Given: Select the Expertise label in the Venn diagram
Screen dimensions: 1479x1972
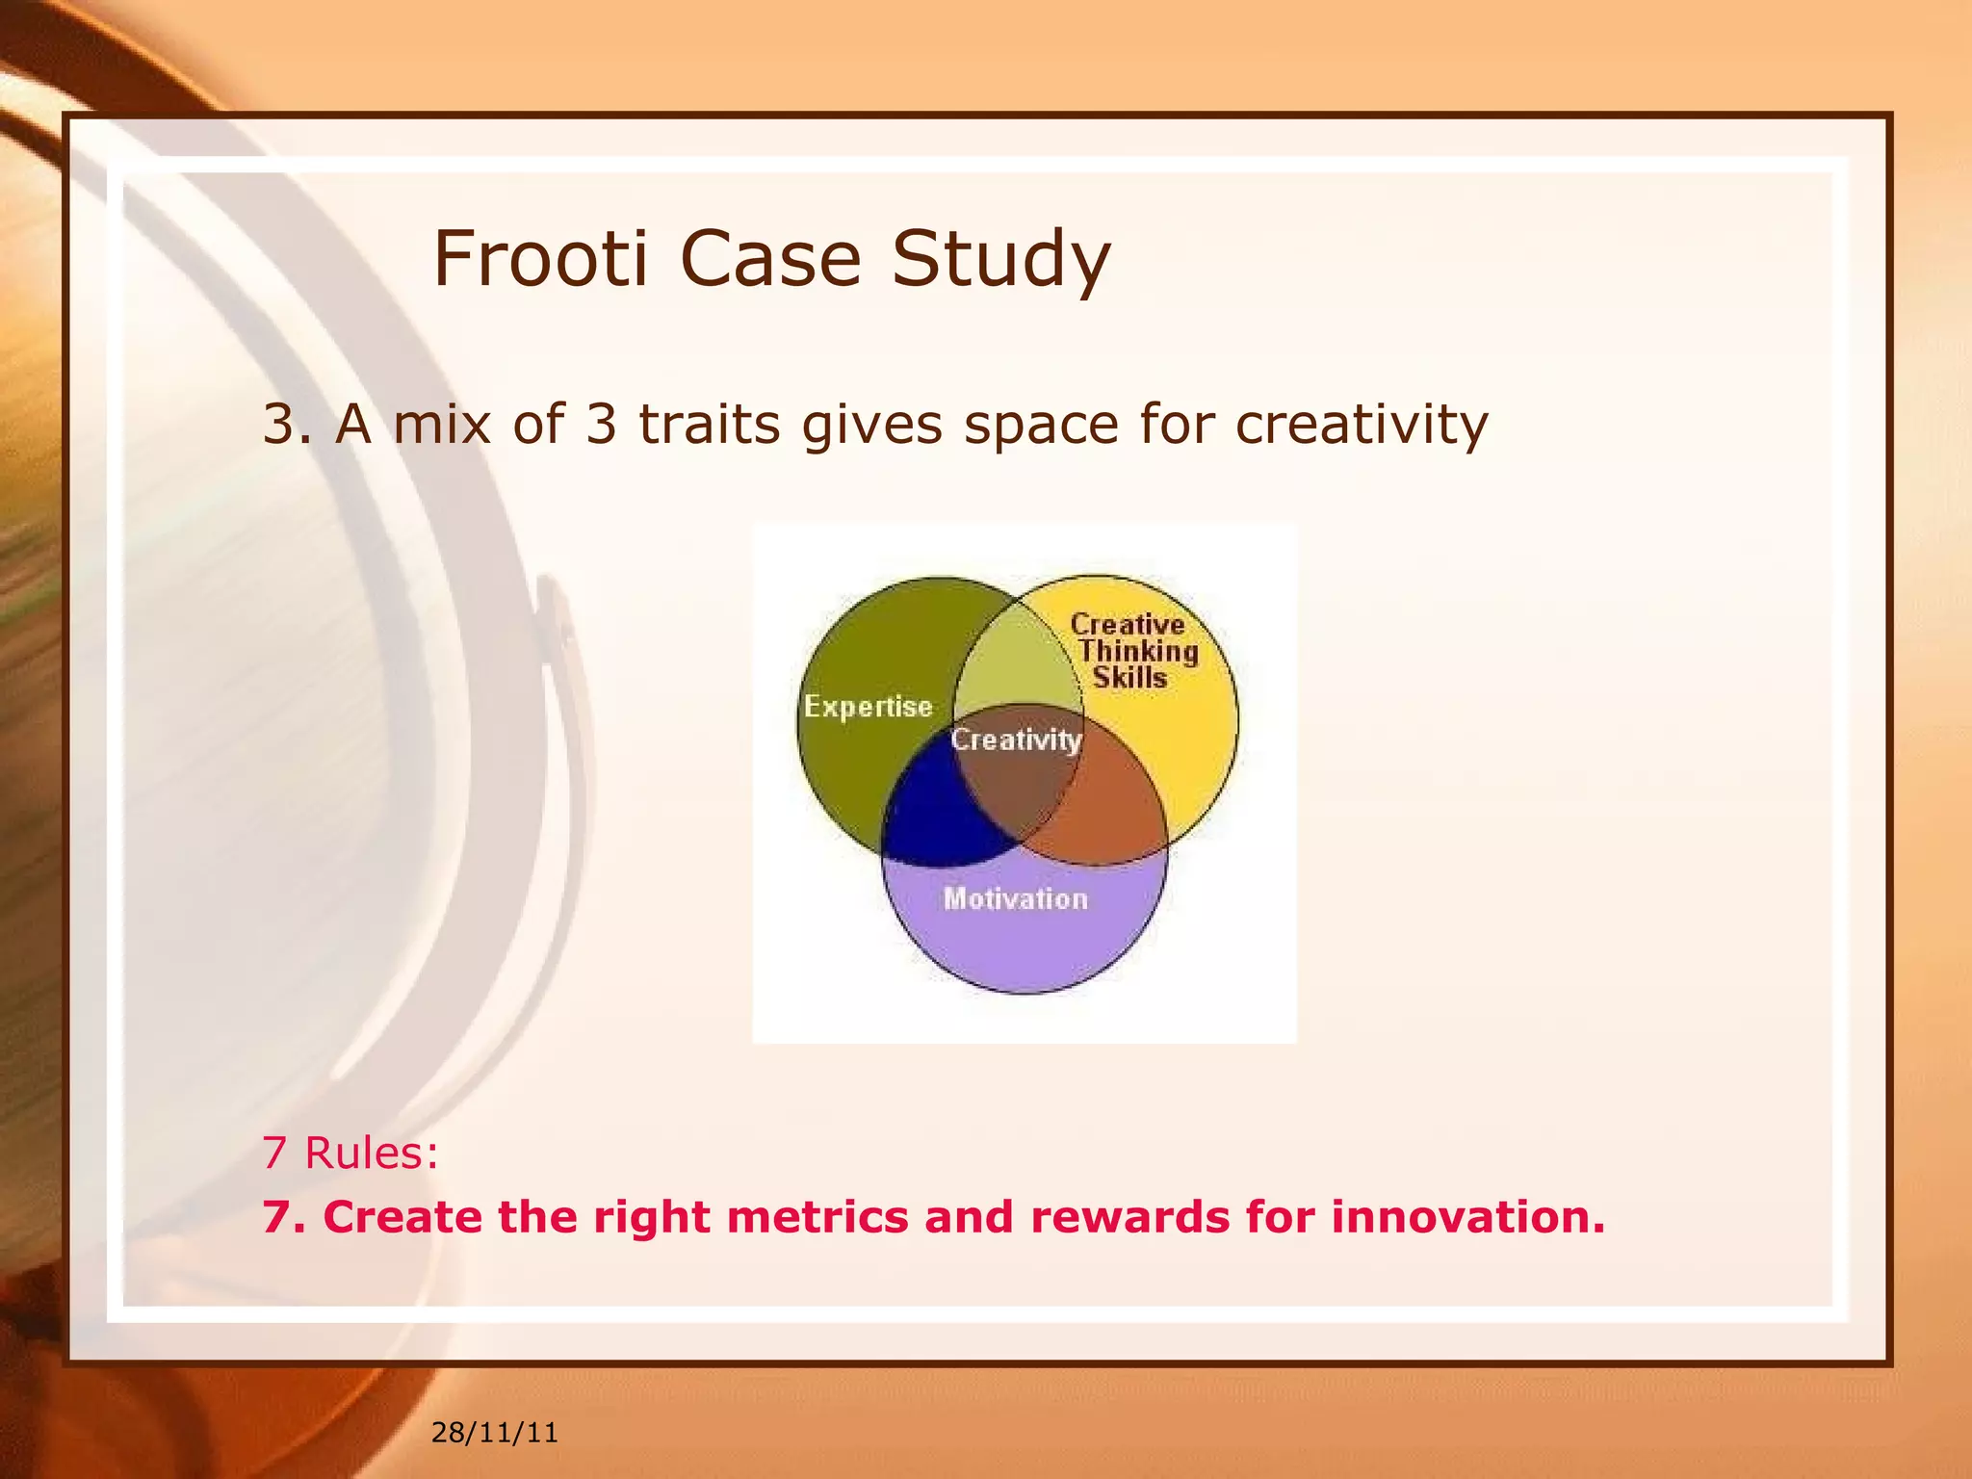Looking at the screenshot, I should point(868,707).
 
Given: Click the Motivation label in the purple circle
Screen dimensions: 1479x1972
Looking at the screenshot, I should point(1015,898).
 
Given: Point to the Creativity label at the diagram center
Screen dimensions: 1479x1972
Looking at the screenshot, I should point(1016,739).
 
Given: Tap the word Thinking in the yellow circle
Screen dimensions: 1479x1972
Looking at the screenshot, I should point(1137,652).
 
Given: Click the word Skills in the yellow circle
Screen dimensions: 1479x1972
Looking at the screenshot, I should point(1129,678).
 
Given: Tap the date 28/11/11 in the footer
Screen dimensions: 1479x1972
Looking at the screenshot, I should point(494,1433).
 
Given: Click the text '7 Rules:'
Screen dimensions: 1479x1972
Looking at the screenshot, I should point(350,1153).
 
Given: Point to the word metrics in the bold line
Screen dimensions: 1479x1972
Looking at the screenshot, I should point(817,1216).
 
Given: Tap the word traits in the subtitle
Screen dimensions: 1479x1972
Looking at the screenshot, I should point(709,424).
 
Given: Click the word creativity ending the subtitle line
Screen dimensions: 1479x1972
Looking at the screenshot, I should point(1361,426).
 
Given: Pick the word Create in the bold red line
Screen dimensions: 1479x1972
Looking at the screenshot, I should point(402,1216).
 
